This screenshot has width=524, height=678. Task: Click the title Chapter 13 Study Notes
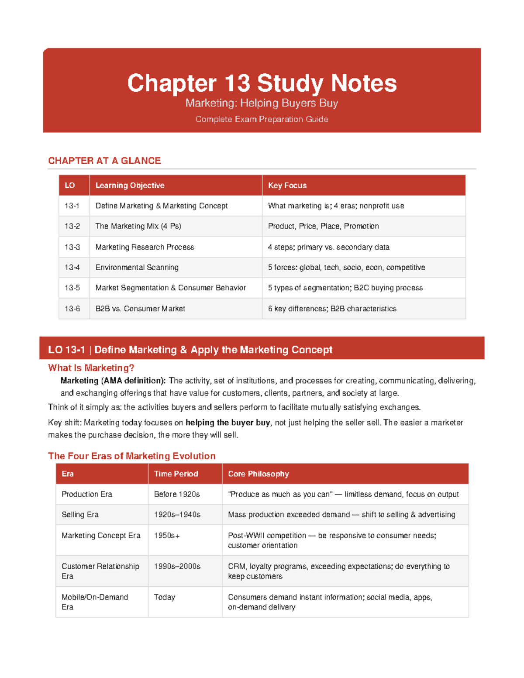coord(262,83)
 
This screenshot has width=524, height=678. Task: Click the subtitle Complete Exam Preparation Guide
coord(262,119)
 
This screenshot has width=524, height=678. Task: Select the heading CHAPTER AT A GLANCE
coord(104,161)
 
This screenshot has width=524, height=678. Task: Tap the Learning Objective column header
coord(130,186)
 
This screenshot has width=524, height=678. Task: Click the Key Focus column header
coord(287,186)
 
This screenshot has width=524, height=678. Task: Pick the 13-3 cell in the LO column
coord(72,247)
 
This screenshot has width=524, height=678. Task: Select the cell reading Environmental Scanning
coord(137,267)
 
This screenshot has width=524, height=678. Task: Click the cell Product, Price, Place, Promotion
coord(323,226)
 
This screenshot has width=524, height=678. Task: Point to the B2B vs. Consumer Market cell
coord(140,309)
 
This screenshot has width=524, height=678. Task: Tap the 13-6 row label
coord(72,309)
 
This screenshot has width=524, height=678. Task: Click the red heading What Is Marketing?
coord(91,368)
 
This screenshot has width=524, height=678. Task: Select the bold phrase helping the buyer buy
coord(228,423)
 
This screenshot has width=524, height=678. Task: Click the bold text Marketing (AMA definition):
coord(113,381)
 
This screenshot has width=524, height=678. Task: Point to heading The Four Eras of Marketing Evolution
coord(131,456)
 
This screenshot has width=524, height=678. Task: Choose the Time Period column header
coord(176,474)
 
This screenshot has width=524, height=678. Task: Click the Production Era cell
coord(87,494)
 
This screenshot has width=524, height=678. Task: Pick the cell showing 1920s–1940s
coord(177,515)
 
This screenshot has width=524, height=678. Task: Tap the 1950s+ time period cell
coord(167,536)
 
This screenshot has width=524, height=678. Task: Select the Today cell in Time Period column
coord(165,597)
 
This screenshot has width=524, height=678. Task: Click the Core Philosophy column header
coord(259,474)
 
